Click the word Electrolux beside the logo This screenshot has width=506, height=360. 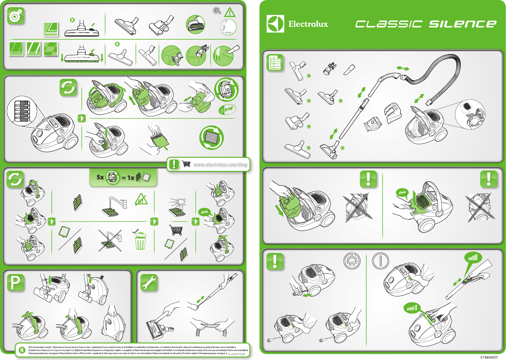308,24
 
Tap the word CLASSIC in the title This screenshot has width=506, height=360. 389,24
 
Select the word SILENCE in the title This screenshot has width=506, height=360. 462,24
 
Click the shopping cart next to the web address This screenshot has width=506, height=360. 186,165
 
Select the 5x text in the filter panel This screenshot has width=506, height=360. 100,178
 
